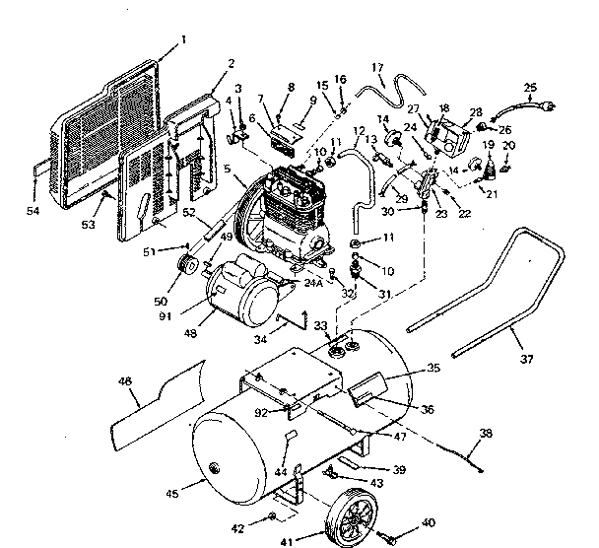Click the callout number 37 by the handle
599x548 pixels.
[x=526, y=359]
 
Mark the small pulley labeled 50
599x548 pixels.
[x=181, y=268]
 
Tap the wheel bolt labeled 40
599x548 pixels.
[x=392, y=538]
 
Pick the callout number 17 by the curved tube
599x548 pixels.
[x=377, y=68]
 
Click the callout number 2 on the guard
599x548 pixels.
[x=231, y=64]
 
